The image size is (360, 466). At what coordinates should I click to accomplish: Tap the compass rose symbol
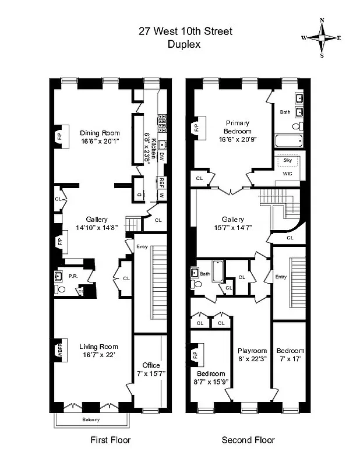pos(322,38)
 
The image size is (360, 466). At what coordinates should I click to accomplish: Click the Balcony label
pos(90,419)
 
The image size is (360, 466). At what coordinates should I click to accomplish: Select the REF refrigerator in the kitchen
pos(162,182)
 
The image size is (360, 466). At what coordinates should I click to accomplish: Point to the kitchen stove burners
pos(162,124)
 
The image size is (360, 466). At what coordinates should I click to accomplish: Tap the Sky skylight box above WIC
pos(287,160)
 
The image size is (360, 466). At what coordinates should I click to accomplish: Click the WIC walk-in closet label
pos(287,173)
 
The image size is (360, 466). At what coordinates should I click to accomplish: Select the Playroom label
pos(252,351)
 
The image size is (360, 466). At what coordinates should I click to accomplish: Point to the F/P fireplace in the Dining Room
pos(59,136)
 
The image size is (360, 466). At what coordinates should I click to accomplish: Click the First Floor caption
pos(110,440)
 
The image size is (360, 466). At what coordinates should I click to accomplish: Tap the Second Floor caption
pos(248,440)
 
